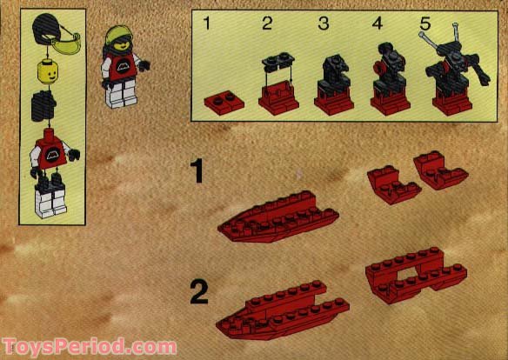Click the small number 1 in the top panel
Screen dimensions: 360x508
207,23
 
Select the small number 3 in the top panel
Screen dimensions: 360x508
323,23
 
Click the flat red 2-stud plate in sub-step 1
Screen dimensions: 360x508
222,103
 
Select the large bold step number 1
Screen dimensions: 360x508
198,170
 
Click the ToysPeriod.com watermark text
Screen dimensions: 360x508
90,346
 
